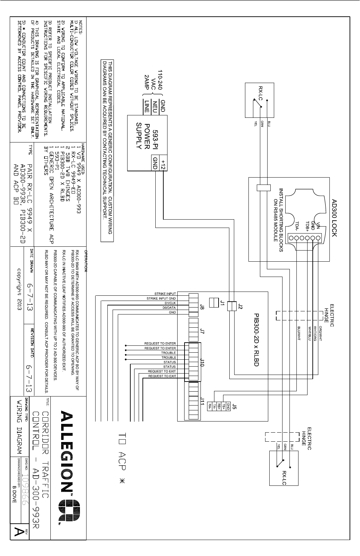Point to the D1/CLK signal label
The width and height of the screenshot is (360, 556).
pos(169,303)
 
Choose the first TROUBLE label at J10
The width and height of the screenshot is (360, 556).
pos(169,353)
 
